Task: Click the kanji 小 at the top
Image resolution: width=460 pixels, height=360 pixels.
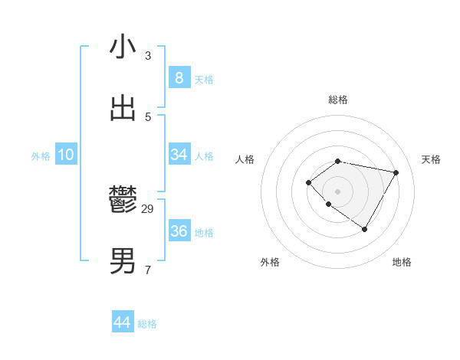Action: click(123, 47)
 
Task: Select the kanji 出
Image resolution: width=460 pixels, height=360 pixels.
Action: click(123, 109)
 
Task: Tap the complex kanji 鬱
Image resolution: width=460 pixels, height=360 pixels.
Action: click(123, 200)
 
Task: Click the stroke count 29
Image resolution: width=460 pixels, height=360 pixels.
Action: click(148, 208)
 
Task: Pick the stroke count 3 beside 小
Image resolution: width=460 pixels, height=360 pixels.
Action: click(148, 55)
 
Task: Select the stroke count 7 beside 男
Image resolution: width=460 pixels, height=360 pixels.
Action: click(148, 270)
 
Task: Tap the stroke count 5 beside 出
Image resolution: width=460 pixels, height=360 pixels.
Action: click(148, 116)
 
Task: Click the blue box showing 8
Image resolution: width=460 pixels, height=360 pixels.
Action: click(179, 78)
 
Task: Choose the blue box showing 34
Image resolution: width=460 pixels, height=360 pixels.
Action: click(179, 155)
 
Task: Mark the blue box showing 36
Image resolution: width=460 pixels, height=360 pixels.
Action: click(179, 231)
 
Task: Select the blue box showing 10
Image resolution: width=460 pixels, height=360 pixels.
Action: click(66, 155)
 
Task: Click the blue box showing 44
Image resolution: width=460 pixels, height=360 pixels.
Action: click(122, 322)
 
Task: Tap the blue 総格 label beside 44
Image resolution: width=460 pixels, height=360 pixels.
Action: click(147, 324)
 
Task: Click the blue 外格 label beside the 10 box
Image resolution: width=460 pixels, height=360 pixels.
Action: click(41, 156)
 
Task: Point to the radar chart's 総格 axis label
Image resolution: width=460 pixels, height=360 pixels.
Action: click(338, 100)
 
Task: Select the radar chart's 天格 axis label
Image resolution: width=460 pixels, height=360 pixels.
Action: click(432, 159)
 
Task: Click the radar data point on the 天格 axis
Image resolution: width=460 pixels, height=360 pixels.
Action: click(396, 172)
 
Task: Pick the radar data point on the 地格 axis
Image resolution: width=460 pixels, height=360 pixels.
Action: click(365, 229)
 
